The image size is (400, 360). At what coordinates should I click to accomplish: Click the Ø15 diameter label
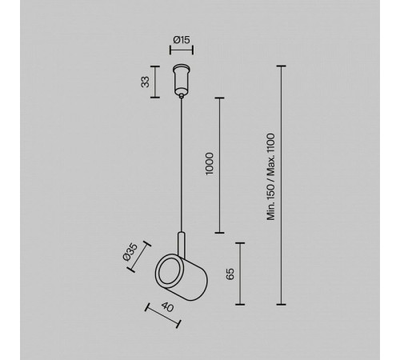click(182, 40)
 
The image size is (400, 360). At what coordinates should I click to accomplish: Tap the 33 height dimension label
click(146, 82)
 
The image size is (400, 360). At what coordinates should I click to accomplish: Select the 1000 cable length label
click(210, 164)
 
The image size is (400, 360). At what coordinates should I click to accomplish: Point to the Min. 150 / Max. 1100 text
click(271, 177)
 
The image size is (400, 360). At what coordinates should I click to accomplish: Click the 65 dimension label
click(230, 274)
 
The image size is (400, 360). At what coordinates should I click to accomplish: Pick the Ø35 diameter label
click(130, 251)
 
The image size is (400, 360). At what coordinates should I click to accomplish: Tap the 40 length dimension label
click(167, 307)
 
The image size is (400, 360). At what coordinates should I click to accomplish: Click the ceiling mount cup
click(182, 79)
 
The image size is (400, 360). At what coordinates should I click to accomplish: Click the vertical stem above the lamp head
click(182, 245)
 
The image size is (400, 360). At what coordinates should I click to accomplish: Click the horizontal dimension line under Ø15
click(182, 50)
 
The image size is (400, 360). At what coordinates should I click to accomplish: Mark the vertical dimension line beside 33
click(155, 82)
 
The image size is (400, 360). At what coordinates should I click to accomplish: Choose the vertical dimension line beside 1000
click(219, 166)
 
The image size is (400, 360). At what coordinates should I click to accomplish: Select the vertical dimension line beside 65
click(240, 274)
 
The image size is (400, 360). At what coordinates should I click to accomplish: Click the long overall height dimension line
click(281, 185)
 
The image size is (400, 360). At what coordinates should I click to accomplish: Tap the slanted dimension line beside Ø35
click(139, 257)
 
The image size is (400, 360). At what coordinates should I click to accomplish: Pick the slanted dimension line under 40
click(163, 315)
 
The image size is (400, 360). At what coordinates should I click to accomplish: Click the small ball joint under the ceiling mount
click(182, 95)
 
